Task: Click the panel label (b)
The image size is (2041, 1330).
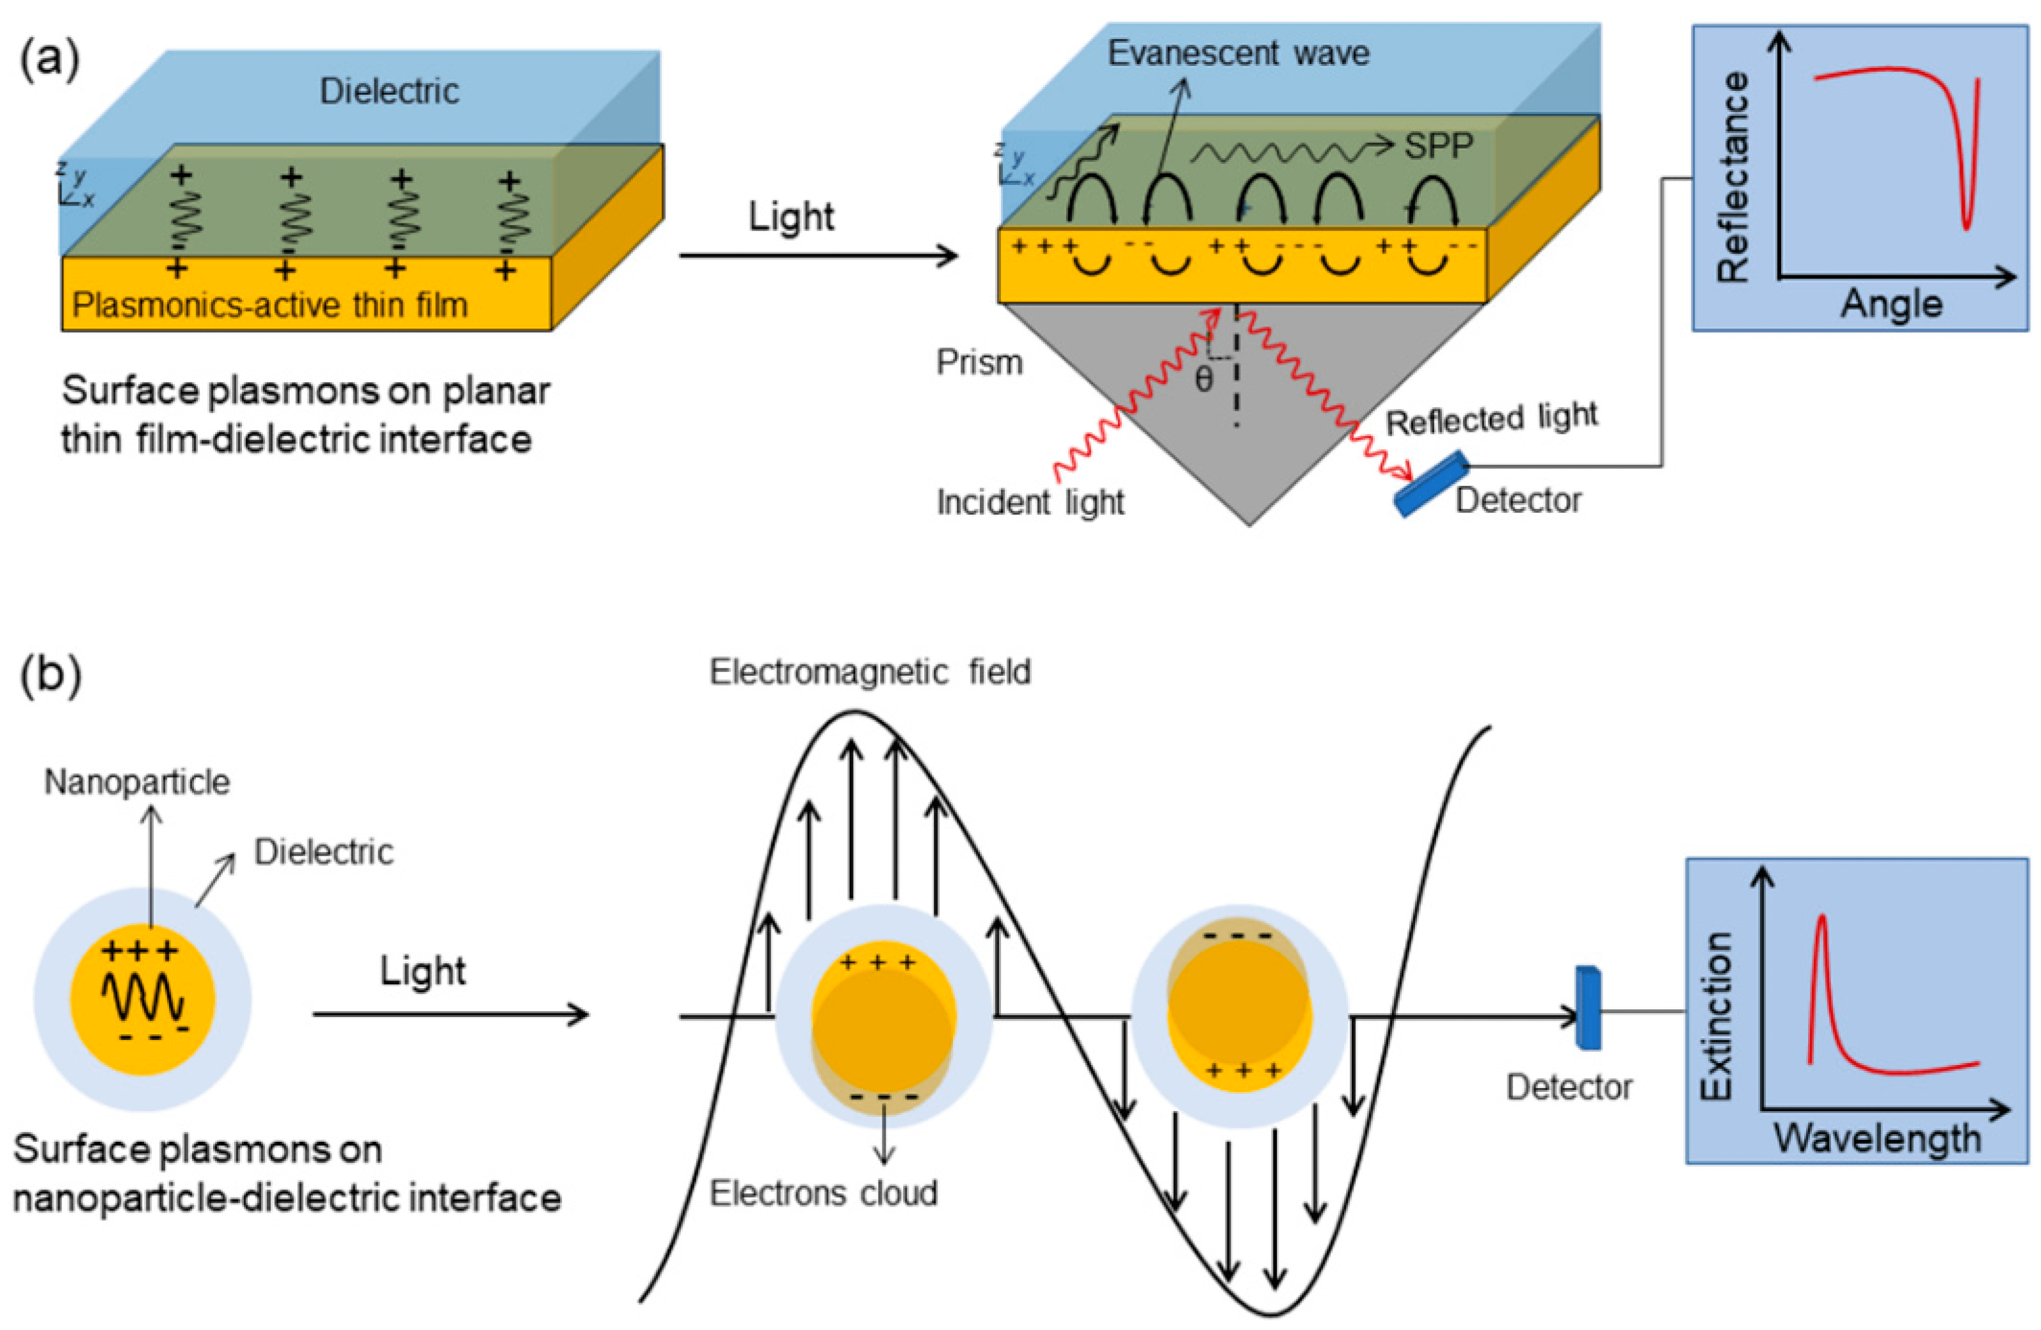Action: [x=50, y=675]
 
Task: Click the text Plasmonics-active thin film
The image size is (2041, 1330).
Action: [x=270, y=305]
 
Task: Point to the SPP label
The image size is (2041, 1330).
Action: [x=1438, y=146]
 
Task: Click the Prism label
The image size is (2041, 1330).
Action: [x=979, y=363]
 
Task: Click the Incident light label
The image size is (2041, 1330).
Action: [x=1030, y=502]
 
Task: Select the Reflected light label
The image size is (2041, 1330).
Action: [x=1491, y=419]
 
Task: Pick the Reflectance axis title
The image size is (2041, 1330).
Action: [x=1733, y=177]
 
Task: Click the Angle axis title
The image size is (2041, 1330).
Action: [x=1891, y=305]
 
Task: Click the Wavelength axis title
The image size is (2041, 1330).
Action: [x=1877, y=1139]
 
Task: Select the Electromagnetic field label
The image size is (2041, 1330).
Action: [x=870, y=672]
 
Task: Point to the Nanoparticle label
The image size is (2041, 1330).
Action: [x=137, y=782]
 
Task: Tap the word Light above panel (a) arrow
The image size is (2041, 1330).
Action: [x=790, y=217]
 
